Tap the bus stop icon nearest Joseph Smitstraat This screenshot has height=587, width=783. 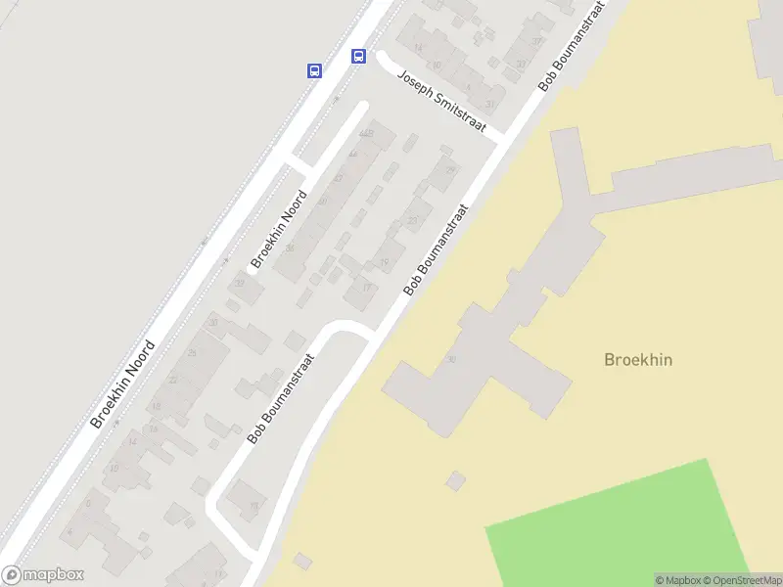(359, 56)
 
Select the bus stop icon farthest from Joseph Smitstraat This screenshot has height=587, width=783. (314, 70)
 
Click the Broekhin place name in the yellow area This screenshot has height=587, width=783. (638, 360)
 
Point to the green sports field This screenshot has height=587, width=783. (626, 523)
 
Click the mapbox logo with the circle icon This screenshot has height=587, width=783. (43, 575)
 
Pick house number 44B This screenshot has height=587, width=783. (366, 133)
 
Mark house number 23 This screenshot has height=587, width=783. (412, 221)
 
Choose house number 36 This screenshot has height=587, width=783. (290, 248)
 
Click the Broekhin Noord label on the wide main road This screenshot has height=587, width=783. (123, 384)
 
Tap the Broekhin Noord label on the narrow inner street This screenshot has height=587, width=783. (279, 230)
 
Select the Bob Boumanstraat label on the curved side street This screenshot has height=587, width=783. (281, 399)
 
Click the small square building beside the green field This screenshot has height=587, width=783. (455, 480)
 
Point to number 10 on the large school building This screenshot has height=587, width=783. (451, 359)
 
